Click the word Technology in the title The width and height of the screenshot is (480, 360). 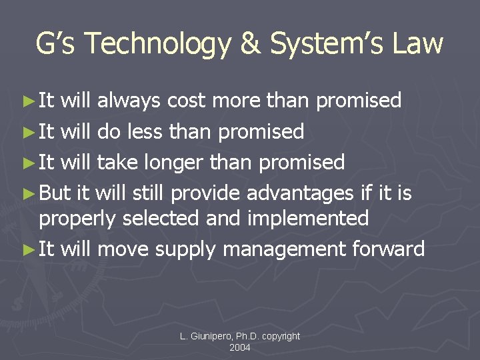point(157,44)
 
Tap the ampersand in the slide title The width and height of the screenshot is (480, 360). point(250,44)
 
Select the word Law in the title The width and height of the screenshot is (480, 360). point(418,44)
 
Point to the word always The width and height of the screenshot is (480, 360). point(129,101)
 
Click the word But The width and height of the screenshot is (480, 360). point(55,193)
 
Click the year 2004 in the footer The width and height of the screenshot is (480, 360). point(240,347)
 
